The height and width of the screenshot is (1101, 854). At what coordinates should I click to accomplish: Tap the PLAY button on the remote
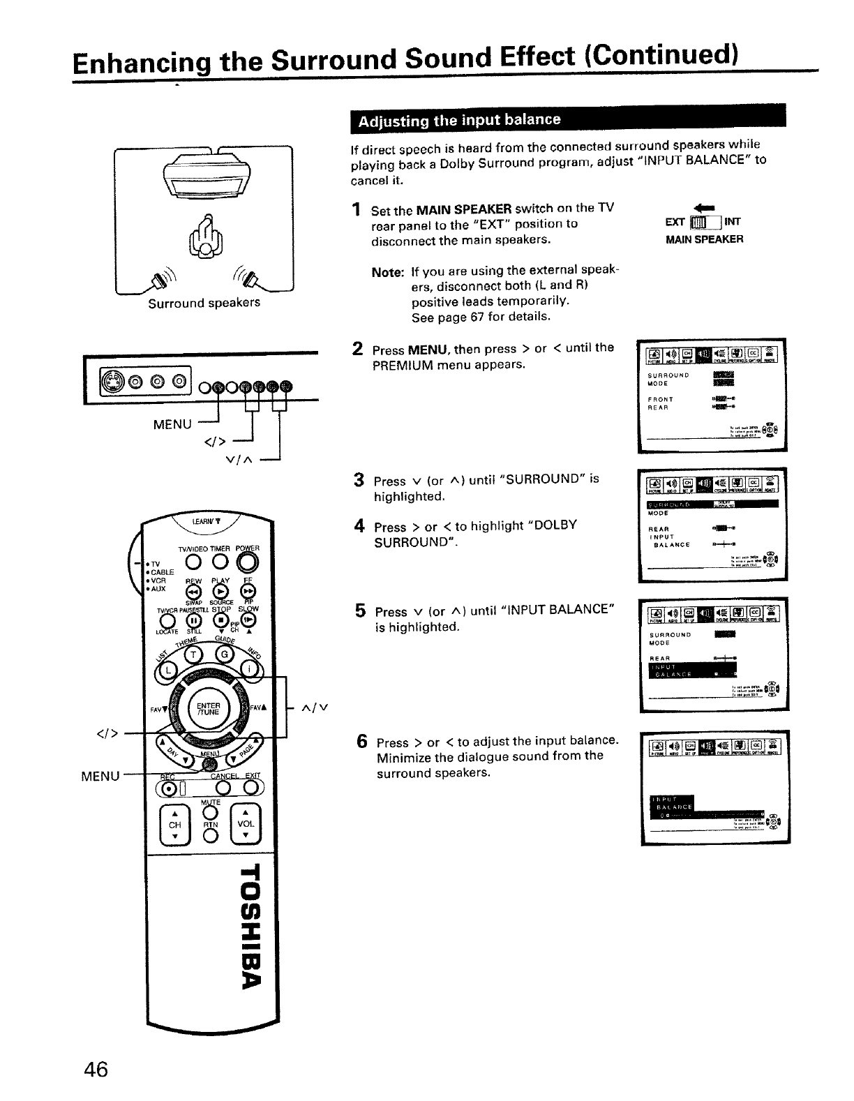[219, 592]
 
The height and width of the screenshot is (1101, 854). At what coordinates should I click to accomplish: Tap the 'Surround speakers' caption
[204, 303]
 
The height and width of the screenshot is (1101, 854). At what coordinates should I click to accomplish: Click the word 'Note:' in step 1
[387, 271]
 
